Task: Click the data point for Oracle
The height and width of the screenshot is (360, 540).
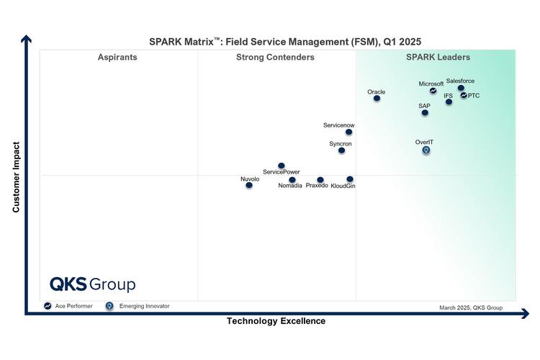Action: [x=377, y=98]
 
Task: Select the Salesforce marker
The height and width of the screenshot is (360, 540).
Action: [x=461, y=88]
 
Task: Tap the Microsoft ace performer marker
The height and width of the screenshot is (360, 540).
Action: [x=433, y=91]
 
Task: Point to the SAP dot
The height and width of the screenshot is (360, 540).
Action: [x=425, y=112]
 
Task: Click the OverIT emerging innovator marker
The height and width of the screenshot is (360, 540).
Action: [x=426, y=150]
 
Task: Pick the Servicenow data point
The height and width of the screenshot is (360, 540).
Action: [x=348, y=132]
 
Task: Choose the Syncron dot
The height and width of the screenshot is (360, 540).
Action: [x=341, y=150]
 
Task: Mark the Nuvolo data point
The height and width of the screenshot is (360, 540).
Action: [x=249, y=185]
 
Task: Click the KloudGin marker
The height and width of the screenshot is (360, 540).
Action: [x=350, y=179]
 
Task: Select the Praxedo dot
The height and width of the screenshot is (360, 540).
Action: [x=320, y=180]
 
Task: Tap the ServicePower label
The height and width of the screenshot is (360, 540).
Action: [x=282, y=172]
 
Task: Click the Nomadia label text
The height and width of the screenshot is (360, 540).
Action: [x=290, y=186]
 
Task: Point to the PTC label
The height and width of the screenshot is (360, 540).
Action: [x=474, y=96]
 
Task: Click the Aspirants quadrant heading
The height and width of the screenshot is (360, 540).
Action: [x=117, y=58]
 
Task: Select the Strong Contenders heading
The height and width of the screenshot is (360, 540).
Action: [x=275, y=58]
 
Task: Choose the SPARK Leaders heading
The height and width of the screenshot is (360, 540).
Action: [x=438, y=58]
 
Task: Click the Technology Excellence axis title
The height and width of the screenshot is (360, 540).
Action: [x=276, y=321]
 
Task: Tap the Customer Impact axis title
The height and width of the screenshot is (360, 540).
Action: [x=16, y=176]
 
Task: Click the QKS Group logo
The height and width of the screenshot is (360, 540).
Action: [x=92, y=284]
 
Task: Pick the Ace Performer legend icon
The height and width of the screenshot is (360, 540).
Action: [x=48, y=306]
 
